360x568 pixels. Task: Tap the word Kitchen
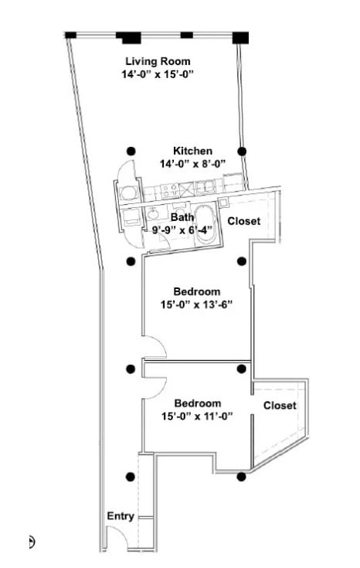click(x=192, y=151)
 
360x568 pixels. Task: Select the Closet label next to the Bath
click(x=243, y=221)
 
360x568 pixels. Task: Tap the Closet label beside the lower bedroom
click(x=279, y=406)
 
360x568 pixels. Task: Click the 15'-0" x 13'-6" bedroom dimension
click(x=197, y=304)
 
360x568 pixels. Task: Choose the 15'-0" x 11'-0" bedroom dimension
click(x=197, y=417)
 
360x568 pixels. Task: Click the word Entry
click(x=121, y=516)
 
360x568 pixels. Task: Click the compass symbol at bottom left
click(x=32, y=542)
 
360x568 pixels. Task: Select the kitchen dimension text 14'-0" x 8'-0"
click(x=192, y=164)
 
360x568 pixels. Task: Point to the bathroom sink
click(x=153, y=214)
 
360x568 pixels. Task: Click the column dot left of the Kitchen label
click(x=131, y=151)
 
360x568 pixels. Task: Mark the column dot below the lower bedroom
click(x=242, y=477)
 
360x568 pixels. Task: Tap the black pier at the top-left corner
click(x=70, y=35)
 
